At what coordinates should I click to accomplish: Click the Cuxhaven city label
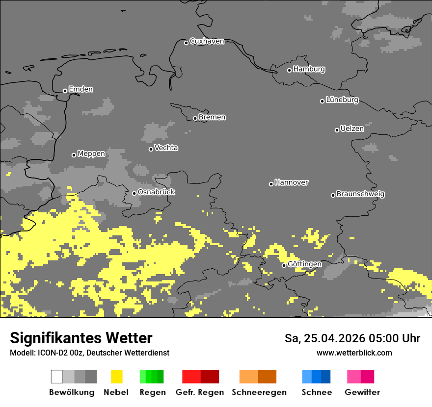tap(207, 41)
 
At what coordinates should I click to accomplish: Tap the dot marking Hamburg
tap(290, 70)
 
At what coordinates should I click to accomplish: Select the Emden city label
tap(81, 89)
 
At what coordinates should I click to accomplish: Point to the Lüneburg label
tap(342, 100)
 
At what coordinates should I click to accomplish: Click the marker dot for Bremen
tap(195, 118)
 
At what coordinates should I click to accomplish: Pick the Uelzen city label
tap(352, 129)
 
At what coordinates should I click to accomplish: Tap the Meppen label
tap(91, 154)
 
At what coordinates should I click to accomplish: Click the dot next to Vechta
tap(151, 149)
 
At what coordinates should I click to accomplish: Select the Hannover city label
tap(292, 182)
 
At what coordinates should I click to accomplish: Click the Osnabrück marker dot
tap(134, 193)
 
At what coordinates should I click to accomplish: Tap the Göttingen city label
tap(304, 264)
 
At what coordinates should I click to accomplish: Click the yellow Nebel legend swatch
tap(116, 377)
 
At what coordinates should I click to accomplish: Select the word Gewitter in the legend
tap(362, 392)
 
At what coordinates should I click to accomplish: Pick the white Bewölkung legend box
tap(57, 377)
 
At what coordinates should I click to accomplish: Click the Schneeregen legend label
tap(259, 392)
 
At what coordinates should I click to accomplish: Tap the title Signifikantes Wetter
tap(81, 338)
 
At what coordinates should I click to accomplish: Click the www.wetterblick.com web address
tap(354, 353)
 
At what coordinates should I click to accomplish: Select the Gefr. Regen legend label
tap(200, 392)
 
